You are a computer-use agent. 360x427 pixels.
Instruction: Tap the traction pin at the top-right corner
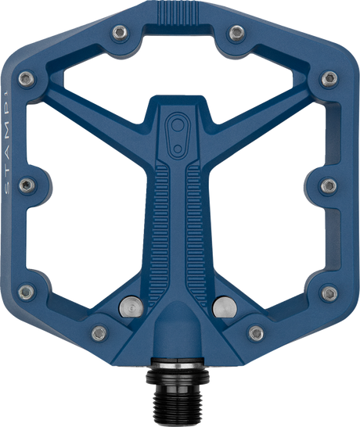click(238, 32)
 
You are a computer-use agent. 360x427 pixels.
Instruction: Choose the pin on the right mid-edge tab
click(329, 185)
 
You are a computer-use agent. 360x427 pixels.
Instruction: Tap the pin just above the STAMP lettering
click(27, 78)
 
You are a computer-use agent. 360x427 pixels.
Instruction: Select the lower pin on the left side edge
click(27, 292)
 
